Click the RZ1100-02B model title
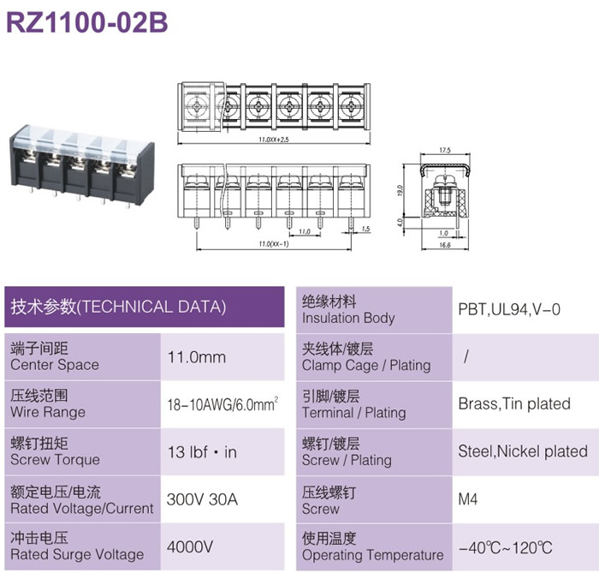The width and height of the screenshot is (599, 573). click(87, 22)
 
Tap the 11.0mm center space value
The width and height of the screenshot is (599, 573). click(197, 357)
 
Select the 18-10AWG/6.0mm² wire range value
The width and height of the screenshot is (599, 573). click(222, 404)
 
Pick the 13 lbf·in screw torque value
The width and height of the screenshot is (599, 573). click(203, 452)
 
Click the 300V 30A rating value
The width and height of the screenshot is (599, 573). click(202, 499)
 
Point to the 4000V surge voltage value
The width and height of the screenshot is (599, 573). click(190, 547)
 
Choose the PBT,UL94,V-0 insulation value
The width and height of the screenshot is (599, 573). click(509, 310)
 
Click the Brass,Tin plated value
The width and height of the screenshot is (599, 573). click(514, 404)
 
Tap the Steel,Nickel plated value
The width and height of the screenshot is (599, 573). click(523, 451)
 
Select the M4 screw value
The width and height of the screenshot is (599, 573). click(468, 499)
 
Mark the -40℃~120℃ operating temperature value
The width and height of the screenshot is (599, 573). click(506, 548)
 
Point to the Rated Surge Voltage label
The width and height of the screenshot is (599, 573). click(77, 555)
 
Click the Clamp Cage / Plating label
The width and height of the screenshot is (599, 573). click(366, 366)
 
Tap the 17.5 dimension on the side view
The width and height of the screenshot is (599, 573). click(445, 150)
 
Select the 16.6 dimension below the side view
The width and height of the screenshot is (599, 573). click(445, 245)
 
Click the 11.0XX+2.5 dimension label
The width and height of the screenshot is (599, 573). click(274, 140)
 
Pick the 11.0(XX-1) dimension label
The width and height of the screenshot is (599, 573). click(274, 244)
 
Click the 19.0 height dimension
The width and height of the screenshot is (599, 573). click(400, 190)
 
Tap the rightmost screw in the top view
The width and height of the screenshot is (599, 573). click(351, 106)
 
